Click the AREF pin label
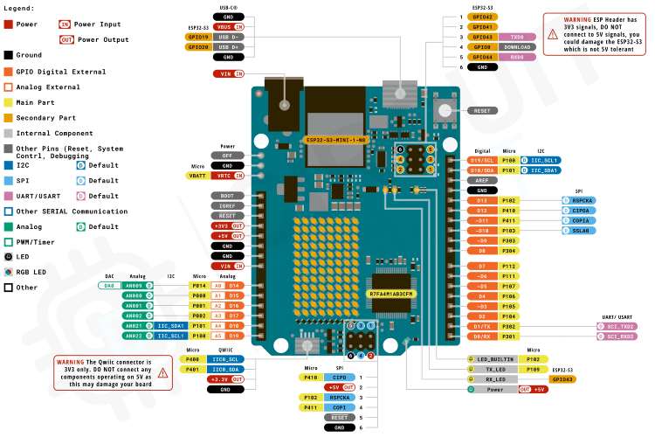pyautogui.click(x=482, y=180)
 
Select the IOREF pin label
pyautogui.click(x=226, y=205)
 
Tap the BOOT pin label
pyautogui.click(x=226, y=195)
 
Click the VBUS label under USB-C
pyautogui.click(x=226, y=28)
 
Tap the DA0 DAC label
pyautogui.click(x=109, y=286)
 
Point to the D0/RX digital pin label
pyautogui.click(x=482, y=336)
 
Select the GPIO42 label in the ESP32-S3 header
pyautogui.click(x=482, y=17)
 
